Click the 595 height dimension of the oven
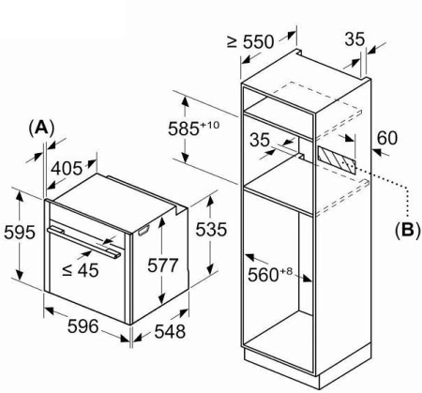[x=19, y=233]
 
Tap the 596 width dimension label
[x=83, y=326]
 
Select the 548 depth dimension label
[x=170, y=332]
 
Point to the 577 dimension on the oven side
[x=162, y=265]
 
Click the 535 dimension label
[x=211, y=230]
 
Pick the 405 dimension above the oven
[x=67, y=169]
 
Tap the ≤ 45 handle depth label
[x=81, y=269]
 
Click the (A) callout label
[x=41, y=128]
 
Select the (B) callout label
[x=408, y=230]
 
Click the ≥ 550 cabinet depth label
[x=250, y=41]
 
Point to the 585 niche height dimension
[x=194, y=128]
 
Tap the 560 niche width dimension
[x=270, y=275]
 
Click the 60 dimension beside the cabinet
[x=387, y=138]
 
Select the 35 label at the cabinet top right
[x=355, y=39]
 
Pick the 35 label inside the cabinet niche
[x=260, y=140]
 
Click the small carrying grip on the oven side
[x=143, y=230]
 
